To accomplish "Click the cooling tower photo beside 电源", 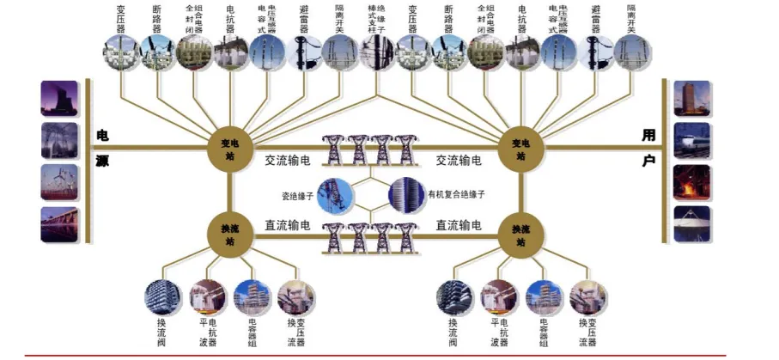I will coord(59,98).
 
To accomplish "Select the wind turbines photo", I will coord(59,181).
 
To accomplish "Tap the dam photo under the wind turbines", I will coord(59,223).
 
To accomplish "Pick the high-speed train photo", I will coord(691,141).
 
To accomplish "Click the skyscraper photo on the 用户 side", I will coord(691,99).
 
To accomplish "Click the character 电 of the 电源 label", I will coord(102,136).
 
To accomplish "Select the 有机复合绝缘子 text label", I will coord(457,195).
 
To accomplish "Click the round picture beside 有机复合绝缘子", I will coord(406,194).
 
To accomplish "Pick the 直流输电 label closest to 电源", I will coord(287,225).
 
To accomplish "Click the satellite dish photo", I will coord(691,223).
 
